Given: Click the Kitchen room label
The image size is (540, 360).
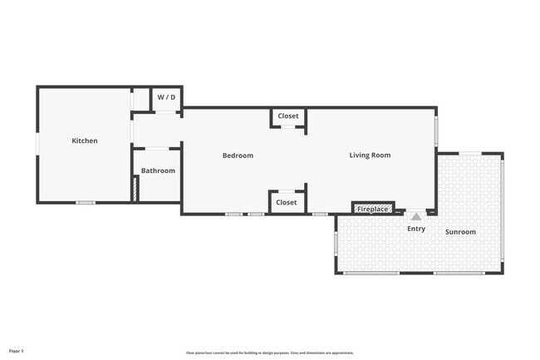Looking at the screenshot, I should [x=84, y=141].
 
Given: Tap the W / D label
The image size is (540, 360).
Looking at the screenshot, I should [x=166, y=97].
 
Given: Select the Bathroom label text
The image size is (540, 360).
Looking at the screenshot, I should [x=158, y=170].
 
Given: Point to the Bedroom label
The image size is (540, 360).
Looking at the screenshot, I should [x=238, y=155].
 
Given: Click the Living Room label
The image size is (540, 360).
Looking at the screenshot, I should [x=370, y=155].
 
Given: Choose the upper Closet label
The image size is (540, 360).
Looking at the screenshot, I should [x=287, y=116].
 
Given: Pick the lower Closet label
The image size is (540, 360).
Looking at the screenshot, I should [x=286, y=202].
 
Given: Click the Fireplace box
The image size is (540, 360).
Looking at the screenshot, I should [x=371, y=208].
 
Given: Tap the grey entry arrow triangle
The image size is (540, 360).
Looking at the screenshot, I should [x=415, y=216].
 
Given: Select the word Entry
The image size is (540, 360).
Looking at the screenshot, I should [x=415, y=229].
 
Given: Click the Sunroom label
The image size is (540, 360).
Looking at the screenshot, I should [x=460, y=232].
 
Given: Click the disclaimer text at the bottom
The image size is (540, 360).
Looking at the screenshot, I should [x=270, y=353].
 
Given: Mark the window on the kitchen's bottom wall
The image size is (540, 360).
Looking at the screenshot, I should [x=85, y=203].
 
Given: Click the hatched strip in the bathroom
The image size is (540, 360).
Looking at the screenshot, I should [x=135, y=189].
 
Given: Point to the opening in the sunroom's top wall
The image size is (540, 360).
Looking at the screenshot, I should [x=469, y=153].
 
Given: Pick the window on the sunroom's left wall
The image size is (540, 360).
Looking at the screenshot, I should [x=336, y=242].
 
